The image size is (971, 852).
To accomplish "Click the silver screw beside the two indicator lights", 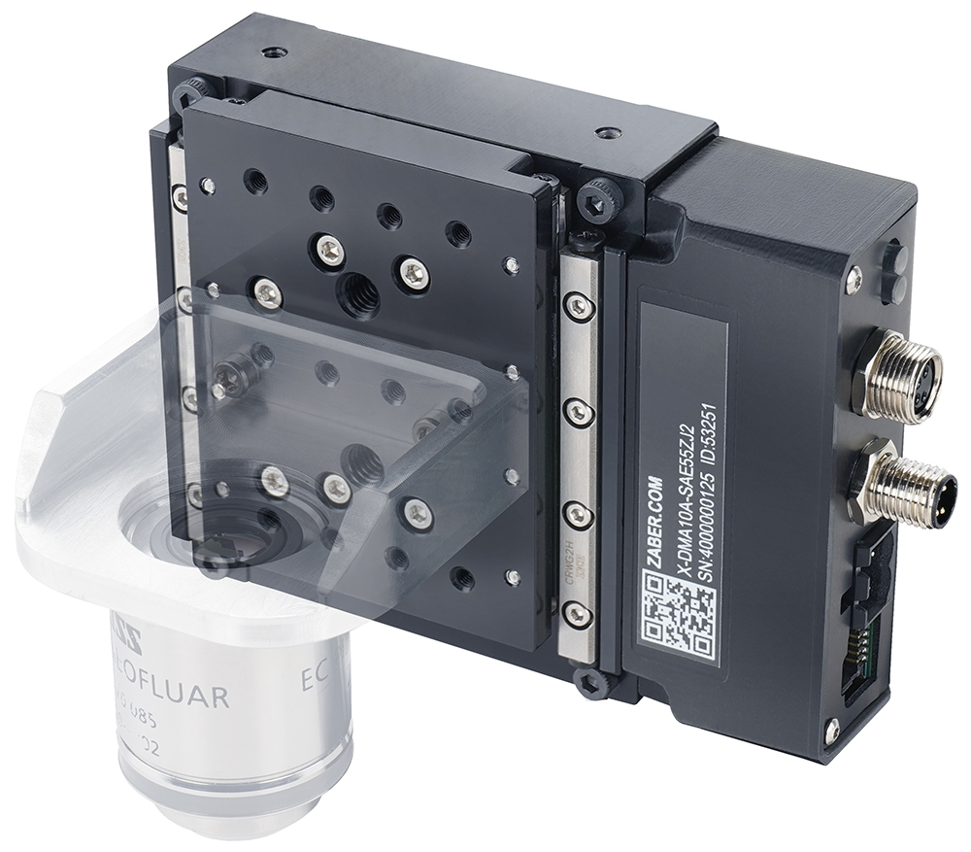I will pos(854,280).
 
